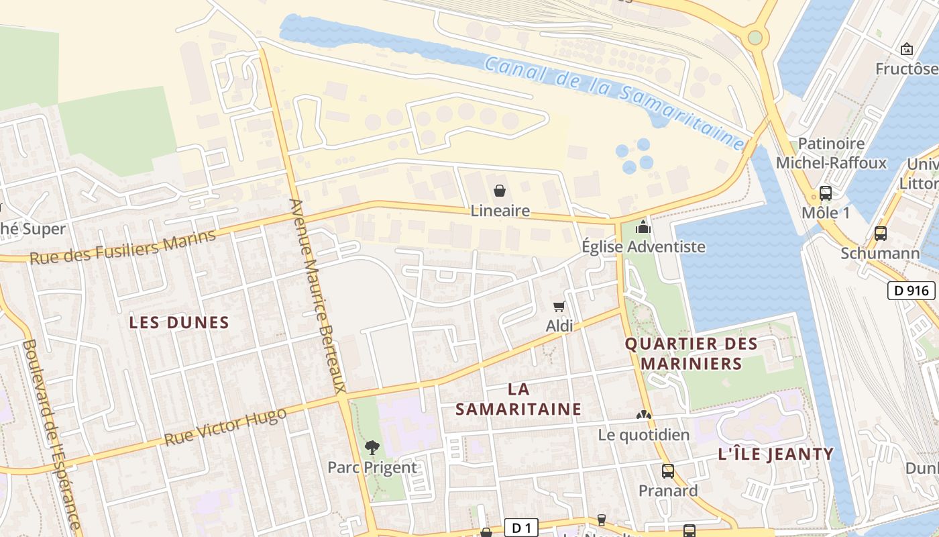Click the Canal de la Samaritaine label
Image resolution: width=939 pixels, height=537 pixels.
614,101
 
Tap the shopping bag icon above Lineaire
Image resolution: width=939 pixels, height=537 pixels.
500,191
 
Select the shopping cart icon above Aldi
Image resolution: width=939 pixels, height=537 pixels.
559,307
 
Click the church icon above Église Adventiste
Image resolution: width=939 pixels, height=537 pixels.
643,228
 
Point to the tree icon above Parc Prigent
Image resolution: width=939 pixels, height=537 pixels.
372,447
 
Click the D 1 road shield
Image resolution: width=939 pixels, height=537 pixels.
521,528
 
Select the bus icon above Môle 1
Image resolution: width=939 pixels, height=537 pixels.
826,193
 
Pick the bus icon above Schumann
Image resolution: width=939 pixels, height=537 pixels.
881,234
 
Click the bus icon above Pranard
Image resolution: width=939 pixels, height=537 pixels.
668,471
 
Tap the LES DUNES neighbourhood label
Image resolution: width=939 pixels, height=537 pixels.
179,323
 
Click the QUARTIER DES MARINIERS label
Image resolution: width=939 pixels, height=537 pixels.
692,354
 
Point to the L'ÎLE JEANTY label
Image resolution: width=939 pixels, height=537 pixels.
775,454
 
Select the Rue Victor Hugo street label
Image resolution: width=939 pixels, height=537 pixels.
225,427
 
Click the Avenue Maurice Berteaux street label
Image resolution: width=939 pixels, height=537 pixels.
318,295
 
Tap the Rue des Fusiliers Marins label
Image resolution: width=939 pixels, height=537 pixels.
123,246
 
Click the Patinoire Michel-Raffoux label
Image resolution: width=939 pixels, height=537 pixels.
831,154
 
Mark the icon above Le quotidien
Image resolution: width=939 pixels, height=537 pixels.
644,416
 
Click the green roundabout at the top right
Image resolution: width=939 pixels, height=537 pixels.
755,37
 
